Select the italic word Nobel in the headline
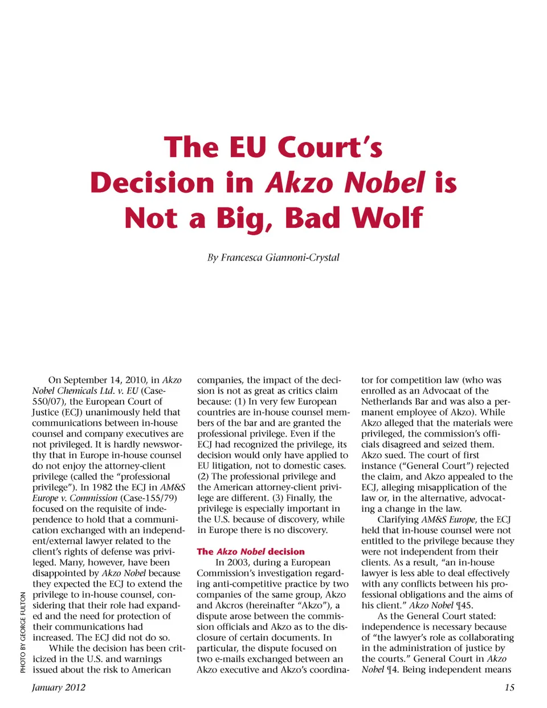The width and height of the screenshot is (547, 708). pyautogui.click(x=385, y=183)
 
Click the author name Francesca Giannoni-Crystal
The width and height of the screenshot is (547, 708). pyautogui.click(x=273, y=258)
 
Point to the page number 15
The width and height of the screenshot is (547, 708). pyautogui.click(x=509, y=687)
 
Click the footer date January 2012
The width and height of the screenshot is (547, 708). pyautogui.click(x=59, y=687)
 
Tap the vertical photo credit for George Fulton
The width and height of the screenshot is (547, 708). pyautogui.click(x=23, y=632)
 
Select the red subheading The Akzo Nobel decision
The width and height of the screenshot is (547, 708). pyautogui.click(x=251, y=552)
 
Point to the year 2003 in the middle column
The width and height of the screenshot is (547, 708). pyautogui.click(x=239, y=563)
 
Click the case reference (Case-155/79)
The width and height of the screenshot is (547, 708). pyautogui.click(x=149, y=498)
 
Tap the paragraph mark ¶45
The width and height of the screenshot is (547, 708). pyautogui.click(x=464, y=605)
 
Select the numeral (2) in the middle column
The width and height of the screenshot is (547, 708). pyautogui.click(x=203, y=477)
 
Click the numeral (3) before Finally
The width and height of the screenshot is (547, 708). pyautogui.click(x=278, y=498)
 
